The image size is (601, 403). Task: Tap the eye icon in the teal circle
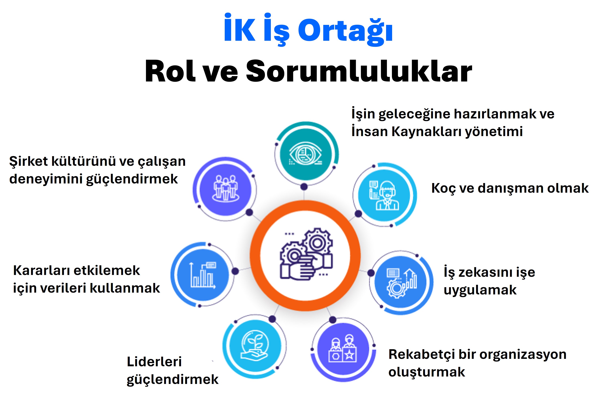306,154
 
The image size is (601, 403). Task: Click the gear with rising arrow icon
402,283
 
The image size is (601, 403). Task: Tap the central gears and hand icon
306,254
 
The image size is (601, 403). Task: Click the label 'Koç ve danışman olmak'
510,188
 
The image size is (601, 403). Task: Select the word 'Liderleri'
154,362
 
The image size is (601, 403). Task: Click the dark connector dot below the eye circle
304,187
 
